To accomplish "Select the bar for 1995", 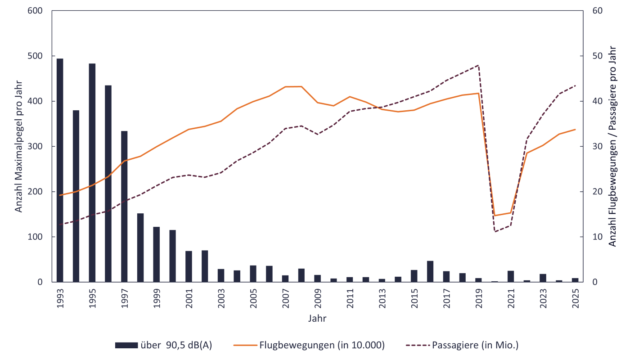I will [92, 173].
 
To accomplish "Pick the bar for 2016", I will [430, 272].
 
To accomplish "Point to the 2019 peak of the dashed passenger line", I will [478, 65].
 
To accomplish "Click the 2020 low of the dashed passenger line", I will [495, 231].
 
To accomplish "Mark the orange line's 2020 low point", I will [495, 216].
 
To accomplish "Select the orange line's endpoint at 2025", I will [575, 130].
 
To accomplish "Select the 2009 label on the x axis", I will [318, 297].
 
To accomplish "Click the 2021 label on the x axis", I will [511, 297].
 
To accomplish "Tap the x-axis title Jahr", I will [317, 319].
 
